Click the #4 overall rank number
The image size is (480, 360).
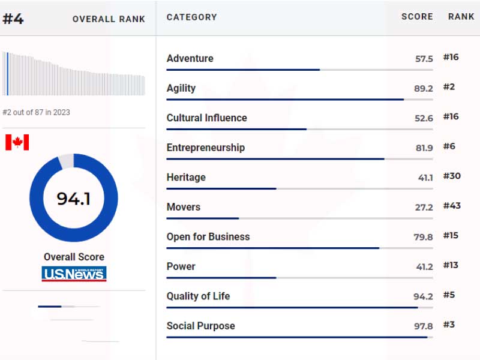click(13, 19)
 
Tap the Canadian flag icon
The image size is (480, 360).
click(17, 142)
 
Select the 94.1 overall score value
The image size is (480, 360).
click(73, 199)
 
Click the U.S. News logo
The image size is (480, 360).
click(74, 274)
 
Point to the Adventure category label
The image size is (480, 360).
click(190, 58)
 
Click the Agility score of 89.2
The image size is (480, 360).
click(423, 88)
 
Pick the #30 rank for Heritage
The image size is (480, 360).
click(451, 176)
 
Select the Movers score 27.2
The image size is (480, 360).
click(423, 207)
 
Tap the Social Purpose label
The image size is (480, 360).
click(200, 326)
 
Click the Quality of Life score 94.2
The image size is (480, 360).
click(423, 296)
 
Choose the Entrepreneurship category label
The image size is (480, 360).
click(205, 148)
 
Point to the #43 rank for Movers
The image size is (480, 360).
click(451, 206)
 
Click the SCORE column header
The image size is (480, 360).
click(417, 17)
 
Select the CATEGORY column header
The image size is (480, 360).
click(191, 17)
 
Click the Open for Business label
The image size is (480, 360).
click(208, 236)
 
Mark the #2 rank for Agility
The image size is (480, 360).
click(449, 87)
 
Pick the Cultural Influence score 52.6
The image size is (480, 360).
click(423, 118)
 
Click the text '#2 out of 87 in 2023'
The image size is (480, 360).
click(36, 112)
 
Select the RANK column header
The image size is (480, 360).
click(461, 17)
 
